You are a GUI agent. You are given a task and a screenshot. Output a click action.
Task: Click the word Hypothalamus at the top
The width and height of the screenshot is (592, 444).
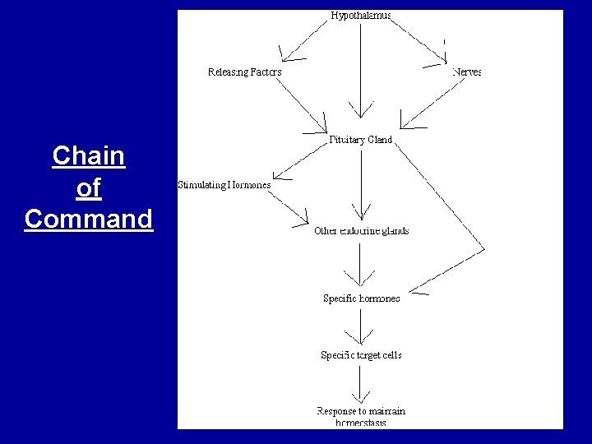point(362,15)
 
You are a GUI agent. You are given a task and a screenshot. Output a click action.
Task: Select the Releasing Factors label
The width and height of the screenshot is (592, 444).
point(244,72)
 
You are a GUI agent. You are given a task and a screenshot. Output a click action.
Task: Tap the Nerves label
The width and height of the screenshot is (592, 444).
point(466,72)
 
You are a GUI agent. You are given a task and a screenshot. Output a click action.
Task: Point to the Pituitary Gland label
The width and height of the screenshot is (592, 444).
point(361,140)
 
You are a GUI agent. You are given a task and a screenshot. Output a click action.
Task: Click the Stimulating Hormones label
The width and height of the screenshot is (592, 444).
point(224,185)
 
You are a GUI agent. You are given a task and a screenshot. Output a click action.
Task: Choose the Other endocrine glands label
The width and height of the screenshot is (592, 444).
point(361,231)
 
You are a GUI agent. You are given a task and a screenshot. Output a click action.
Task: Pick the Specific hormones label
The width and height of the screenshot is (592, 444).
point(361,298)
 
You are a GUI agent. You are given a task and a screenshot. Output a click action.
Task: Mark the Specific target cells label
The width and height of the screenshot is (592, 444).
point(361,355)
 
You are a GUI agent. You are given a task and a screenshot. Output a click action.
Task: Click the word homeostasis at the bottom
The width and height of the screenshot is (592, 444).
point(361,423)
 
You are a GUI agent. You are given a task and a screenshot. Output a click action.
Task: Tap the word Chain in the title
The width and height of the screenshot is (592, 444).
point(88,155)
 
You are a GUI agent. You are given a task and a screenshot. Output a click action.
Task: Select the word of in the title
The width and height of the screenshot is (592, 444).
point(88,188)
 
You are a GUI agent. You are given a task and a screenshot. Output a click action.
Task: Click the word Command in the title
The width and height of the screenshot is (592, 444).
point(88,220)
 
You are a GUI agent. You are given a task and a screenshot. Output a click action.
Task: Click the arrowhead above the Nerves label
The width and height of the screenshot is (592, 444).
point(445,58)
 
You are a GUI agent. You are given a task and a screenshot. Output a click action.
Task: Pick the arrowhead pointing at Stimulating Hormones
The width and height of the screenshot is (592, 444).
point(279,174)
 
